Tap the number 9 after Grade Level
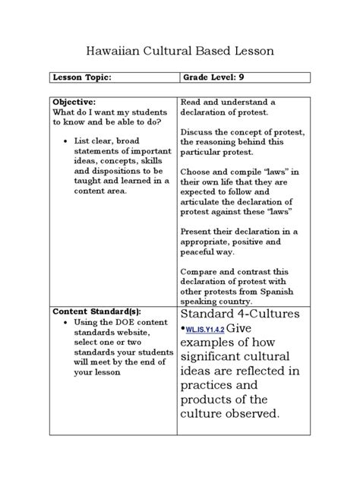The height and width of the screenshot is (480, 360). point(241,77)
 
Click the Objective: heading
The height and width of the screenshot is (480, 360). point(74,101)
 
